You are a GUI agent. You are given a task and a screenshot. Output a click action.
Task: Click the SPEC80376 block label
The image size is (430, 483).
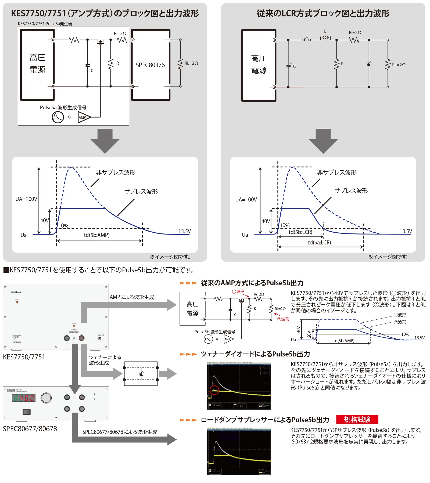click(150, 65)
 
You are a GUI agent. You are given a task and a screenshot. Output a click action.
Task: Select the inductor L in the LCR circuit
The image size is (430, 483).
click(325, 38)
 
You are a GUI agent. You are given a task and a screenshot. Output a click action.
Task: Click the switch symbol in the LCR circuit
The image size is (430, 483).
click(306, 39)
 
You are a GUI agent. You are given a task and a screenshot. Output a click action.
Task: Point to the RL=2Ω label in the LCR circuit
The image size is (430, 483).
click(399, 65)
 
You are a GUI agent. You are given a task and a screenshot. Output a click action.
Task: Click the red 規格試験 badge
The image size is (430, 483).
click(357, 419)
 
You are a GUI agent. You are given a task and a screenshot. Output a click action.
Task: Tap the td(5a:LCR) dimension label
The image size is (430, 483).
click(319, 243)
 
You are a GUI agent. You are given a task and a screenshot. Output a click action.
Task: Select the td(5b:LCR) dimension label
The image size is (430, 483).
click(300, 232)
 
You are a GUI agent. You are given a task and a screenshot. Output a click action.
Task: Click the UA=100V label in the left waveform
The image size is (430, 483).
click(26, 199)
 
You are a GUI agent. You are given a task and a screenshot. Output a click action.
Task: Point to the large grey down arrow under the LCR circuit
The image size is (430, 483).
click(323, 140)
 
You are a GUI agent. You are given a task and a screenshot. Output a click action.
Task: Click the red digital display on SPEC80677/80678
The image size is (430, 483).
click(24, 398)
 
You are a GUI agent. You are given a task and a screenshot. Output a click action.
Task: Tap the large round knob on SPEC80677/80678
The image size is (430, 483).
click(46, 398)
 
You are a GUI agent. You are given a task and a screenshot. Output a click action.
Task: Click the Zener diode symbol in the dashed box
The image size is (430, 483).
click(141, 374)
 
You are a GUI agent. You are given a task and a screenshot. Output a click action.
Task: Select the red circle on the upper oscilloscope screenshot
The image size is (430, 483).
click(214, 390)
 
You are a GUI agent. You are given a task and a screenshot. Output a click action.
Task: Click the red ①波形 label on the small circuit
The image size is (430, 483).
click(238, 291)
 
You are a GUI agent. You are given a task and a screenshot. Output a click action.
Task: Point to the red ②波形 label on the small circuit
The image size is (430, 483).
click(283, 319)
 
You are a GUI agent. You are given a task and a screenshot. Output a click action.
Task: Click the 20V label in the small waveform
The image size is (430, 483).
click(309, 334)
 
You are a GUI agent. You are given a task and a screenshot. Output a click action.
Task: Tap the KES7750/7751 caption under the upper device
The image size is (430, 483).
click(24, 357)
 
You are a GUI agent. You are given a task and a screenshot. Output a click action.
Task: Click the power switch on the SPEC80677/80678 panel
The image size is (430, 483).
click(26, 412)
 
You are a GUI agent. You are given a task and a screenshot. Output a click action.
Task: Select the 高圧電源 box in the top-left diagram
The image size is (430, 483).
click(37, 64)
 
